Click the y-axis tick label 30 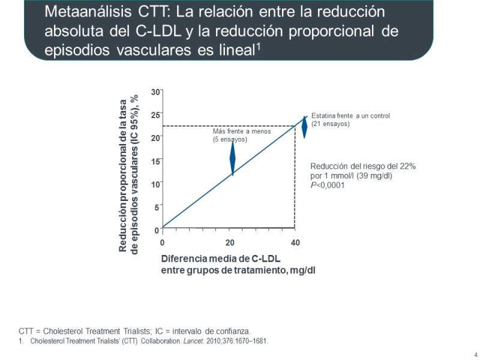[155, 91]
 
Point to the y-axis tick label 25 [155, 115]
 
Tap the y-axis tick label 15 [155, 161]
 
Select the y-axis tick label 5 [157, 208]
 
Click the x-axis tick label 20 [229, 242]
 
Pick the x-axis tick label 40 [295, 242]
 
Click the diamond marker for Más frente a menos [233, 157]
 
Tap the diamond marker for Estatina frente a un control [304, 127]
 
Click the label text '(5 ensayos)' [230, 139]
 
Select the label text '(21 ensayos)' [331, 124]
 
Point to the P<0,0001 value [327, 185]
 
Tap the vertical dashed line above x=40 [295, 180]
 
